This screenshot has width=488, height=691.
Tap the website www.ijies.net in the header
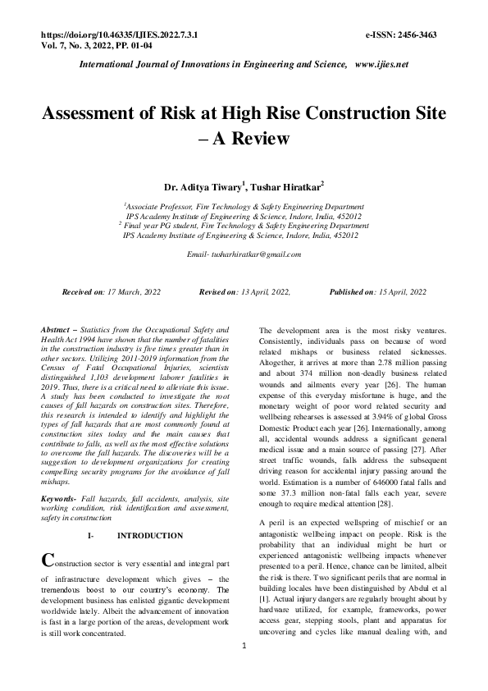pos(381,64)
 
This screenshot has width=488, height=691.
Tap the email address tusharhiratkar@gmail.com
pos(255,254)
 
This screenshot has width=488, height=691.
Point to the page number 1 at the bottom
pos(244,670)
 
